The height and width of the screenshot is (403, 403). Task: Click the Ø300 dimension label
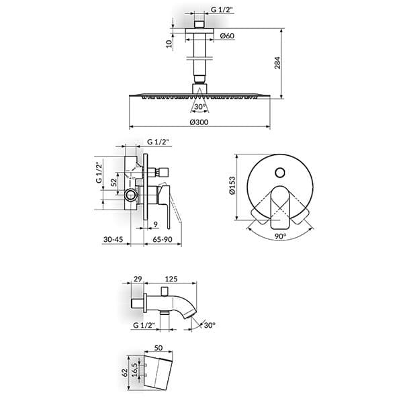tap(199, 122)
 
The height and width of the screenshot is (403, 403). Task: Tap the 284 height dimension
tap(277, 62)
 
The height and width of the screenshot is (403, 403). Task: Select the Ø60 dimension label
tap(227, 36)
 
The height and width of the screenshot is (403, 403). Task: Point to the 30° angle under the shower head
tap(199, 107)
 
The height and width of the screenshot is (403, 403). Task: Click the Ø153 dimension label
tap(232, 185)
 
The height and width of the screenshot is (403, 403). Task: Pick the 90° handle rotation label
tap(280, 236)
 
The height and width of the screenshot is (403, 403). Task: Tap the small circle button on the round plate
tap(279, 173)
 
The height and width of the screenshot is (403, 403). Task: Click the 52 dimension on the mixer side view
tap(114, 182)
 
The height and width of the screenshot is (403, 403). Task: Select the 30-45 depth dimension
tap(113, 240)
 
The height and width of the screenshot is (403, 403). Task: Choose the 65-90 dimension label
tap(163, 240)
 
